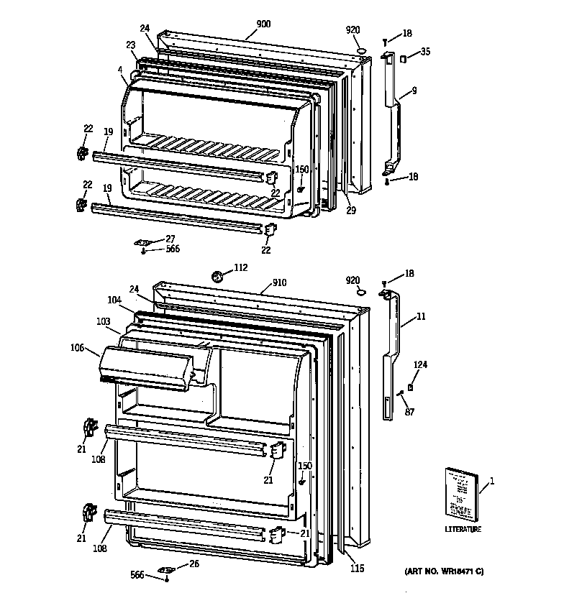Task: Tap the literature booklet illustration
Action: pos(458,492)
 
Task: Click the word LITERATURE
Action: pos(462,530)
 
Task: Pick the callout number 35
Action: pos(425,51)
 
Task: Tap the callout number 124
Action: pos(420,365)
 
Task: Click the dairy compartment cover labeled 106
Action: pos(147,365)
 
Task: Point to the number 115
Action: pos(357,569)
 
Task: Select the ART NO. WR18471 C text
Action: pos(440,571)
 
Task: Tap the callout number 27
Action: pos(170,239)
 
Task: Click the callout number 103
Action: pos(104,323)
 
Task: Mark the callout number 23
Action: pos(131,45)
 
